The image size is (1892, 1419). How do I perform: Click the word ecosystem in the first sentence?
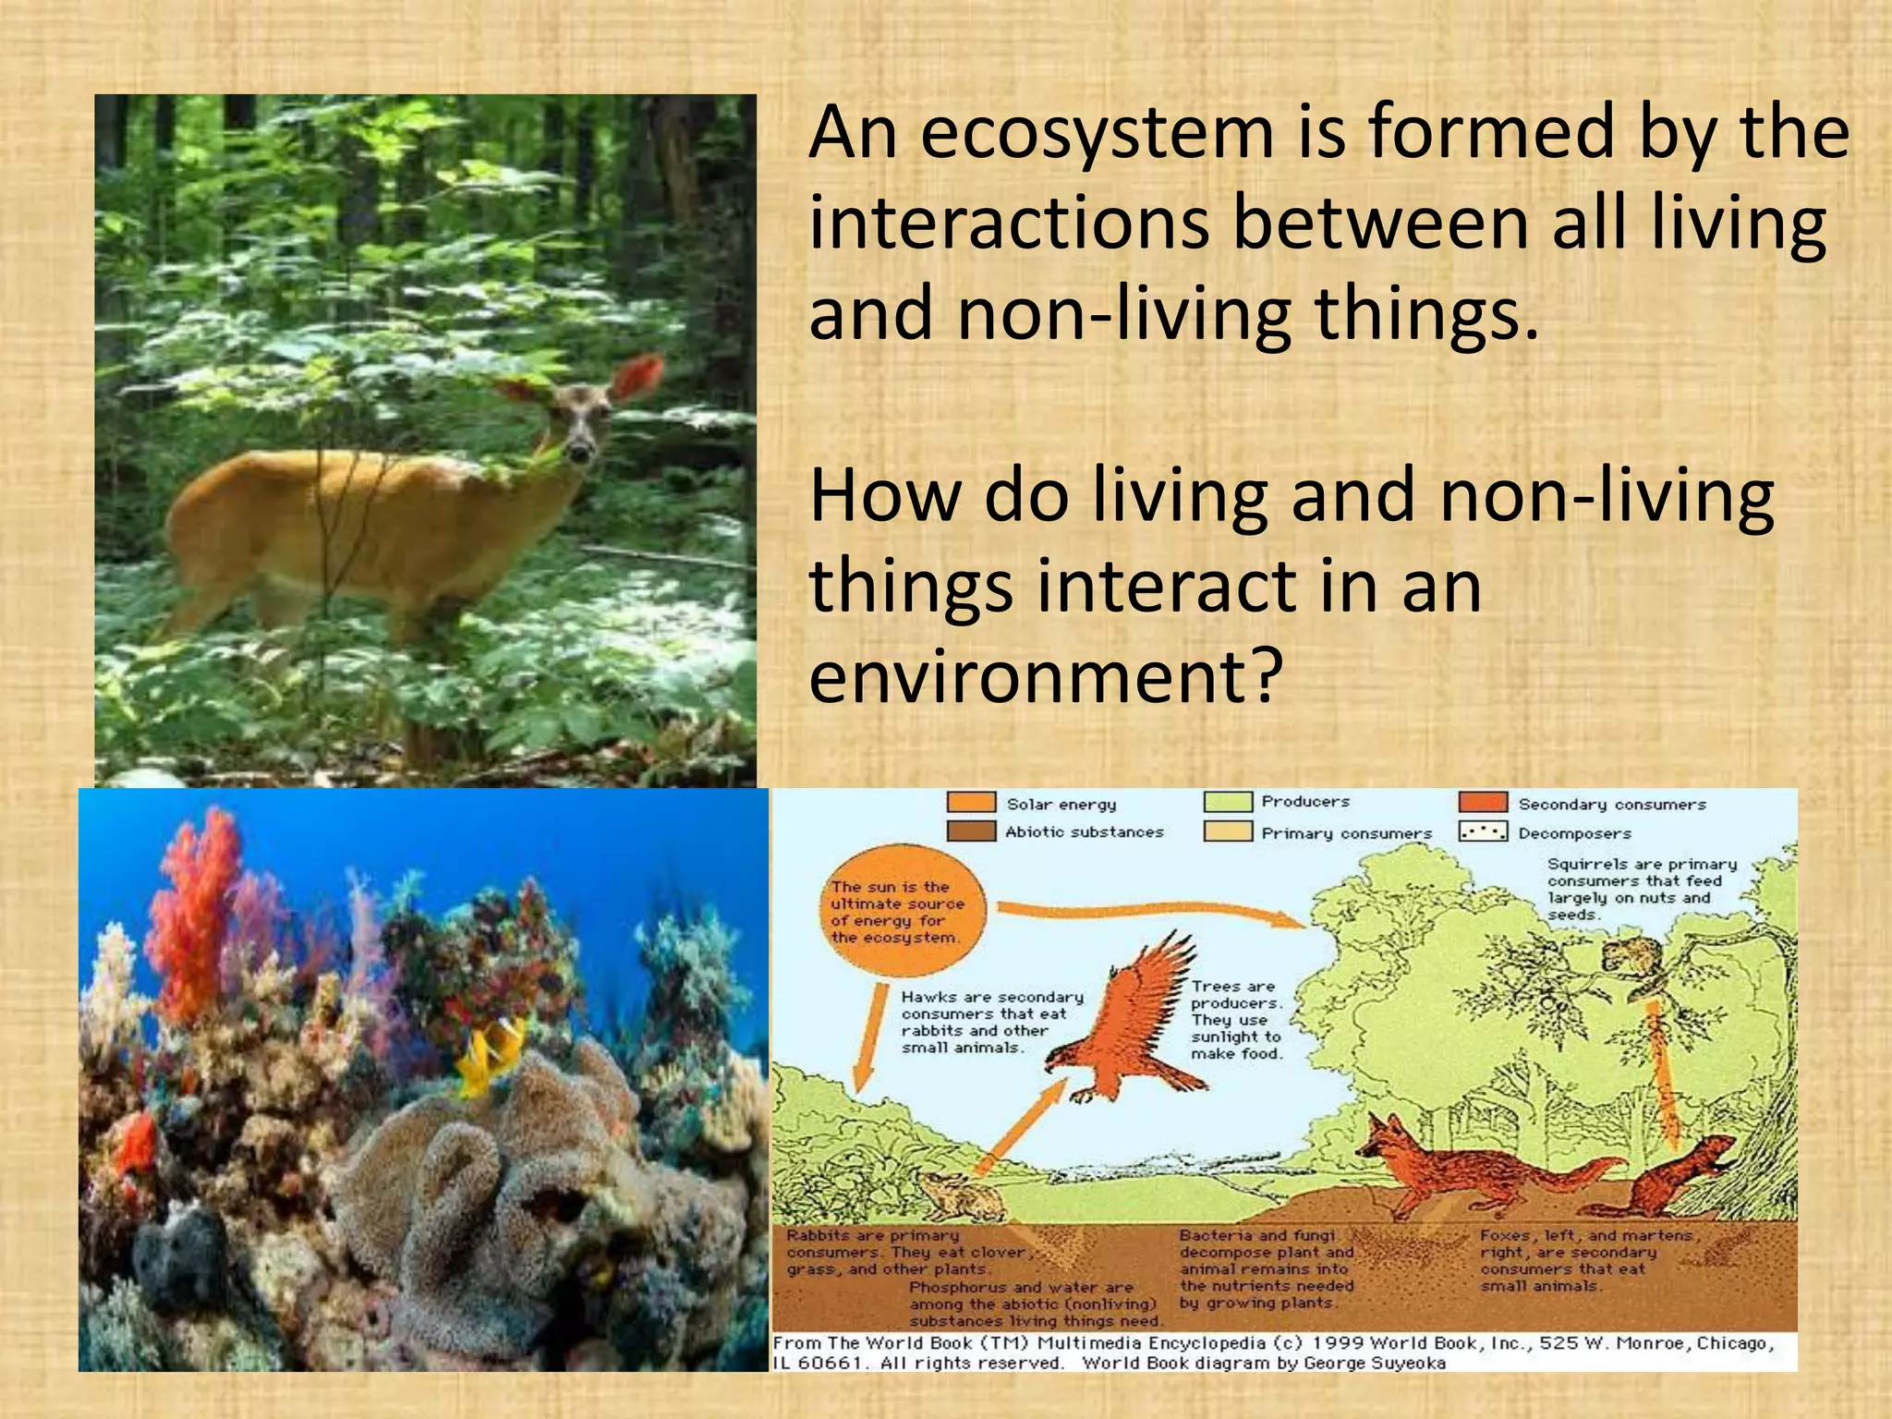[x=1097, y=135]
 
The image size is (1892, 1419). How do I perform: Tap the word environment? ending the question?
[x=1047, y=675]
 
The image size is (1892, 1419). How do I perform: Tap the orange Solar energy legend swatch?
[x=971, y=803]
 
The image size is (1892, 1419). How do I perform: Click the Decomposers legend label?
[x=1574, y=833]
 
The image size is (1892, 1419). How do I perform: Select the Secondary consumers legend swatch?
[x=1483, y=803]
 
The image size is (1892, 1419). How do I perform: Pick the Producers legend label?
[x=1305, y=802]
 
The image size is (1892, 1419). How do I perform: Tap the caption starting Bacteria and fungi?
[x=1266, y=1268]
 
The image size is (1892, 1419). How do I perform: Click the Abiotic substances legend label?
[x=1084, y=832]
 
